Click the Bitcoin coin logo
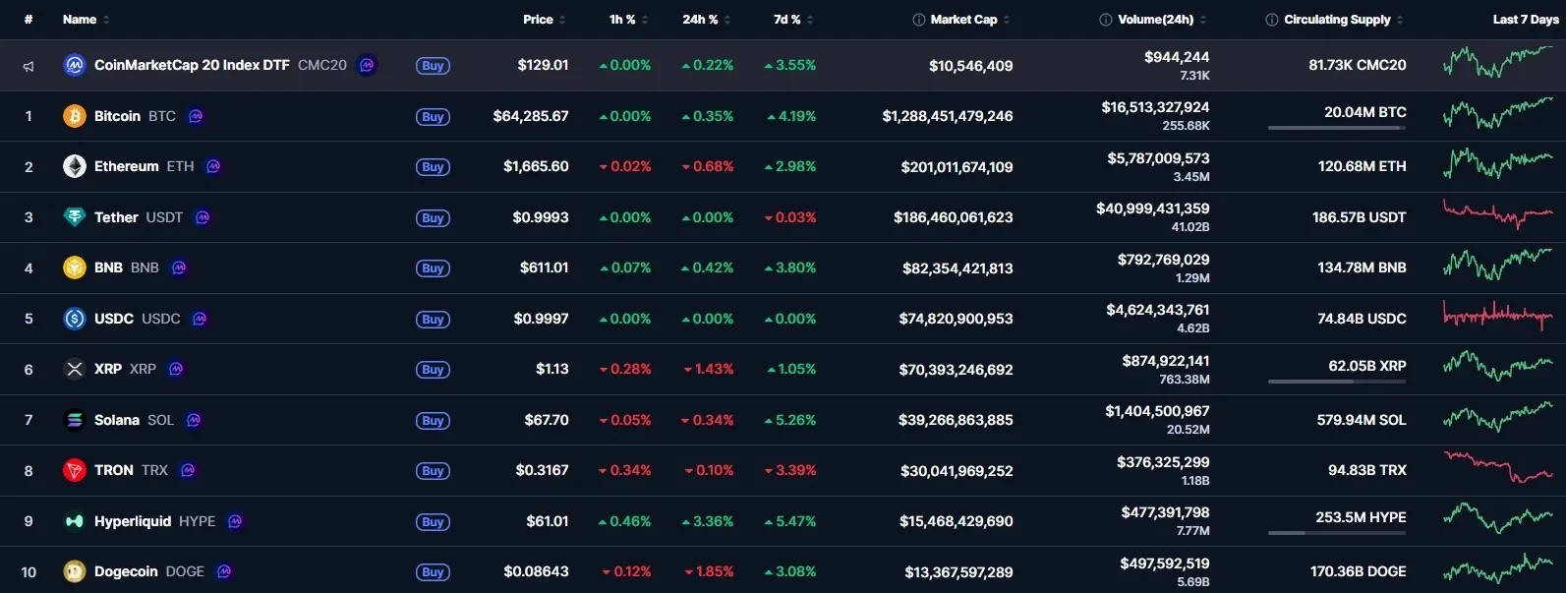(74, 116)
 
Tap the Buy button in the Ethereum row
(433, 167)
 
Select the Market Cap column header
(963, 20)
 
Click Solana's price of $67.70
(547, 420)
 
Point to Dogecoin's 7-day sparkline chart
(1497, 568)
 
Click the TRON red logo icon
(74, 471)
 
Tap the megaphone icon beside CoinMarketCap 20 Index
(29, 67)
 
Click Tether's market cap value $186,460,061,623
(953, 217)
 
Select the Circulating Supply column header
(1337, 20)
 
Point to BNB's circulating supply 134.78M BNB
(1362, 267)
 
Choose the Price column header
(538, 20)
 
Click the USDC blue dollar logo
(74, 319)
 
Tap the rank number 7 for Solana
(29, 420)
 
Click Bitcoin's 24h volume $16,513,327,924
(1155, 108)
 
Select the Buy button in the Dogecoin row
(433, 572)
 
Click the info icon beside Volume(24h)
(1105, 20)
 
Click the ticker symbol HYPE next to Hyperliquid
(198, 521)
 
